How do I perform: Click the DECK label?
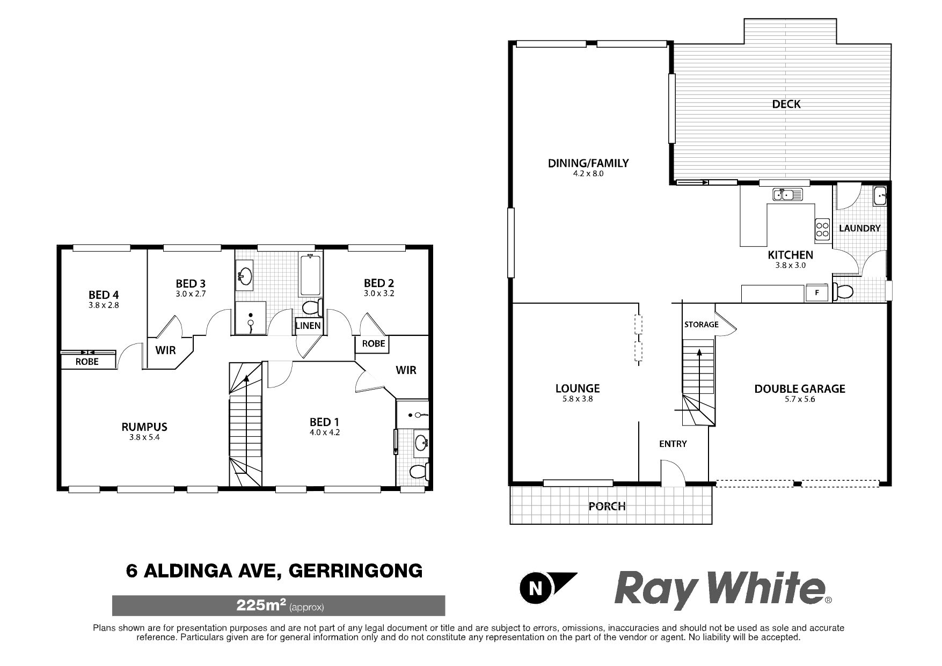(x=786, y=104)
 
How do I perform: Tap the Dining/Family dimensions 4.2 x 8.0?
(x=588, y=174)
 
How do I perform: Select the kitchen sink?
(x=787, y=194)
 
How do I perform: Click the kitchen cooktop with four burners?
(x=822, y=229)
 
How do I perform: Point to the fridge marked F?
(x=817, y=293)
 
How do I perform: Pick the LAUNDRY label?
(x=859, y=228)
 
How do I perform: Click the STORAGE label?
(x=701, y=324)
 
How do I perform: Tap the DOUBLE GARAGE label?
(x=800, y=389)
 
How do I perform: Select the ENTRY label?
(x=673, y=444)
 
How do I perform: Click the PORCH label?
(x=607, y=506)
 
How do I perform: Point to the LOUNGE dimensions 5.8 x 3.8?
(x=578, y=399)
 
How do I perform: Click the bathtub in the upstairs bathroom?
(x=311, y=274)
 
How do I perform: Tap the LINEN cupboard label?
(x=308, y=325)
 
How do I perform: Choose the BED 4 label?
(x=104, y=295)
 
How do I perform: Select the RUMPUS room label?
(x=144, y=427)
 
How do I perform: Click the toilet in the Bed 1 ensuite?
(x=419, y=471)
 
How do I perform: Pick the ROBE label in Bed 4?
(x=87, y=362)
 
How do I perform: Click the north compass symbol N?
(x=535, y=589)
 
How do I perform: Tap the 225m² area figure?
(x=260, y=605)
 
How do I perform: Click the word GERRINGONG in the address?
(x=356, y=570)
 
